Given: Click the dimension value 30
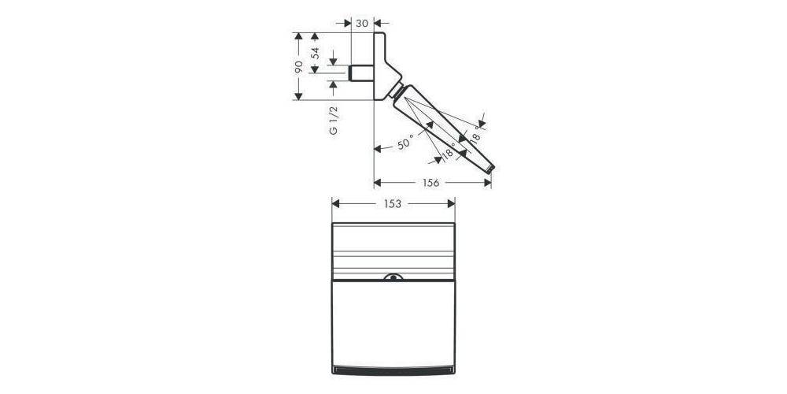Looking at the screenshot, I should [x=362, y=23].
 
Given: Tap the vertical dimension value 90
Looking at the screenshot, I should [x=299, y=66].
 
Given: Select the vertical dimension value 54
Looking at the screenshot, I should [x=316, y=54].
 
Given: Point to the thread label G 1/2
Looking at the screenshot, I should [x=334, y=119].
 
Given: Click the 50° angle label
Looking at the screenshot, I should [x=405, y=144].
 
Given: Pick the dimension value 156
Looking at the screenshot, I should [x=431, y=182].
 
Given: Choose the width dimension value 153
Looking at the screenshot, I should [x=393, y=203].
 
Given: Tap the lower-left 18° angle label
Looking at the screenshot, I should [x=449, y=154].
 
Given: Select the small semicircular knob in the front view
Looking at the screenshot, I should [x=393, y=277].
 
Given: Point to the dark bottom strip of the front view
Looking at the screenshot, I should [x=393, y=370].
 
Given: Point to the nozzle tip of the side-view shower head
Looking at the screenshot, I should [x=491, y=168].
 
